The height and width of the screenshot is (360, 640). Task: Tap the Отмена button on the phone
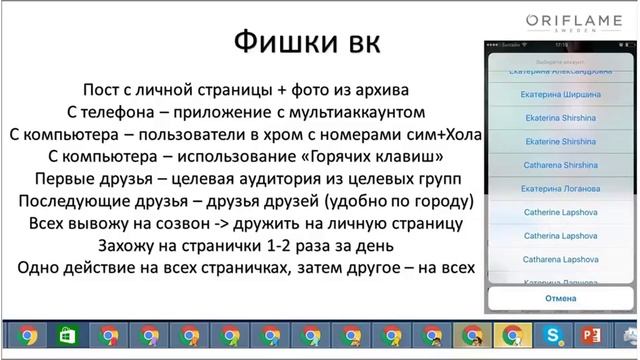click(x=559, y=298)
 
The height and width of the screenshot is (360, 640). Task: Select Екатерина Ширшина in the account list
click(x=559, y=94)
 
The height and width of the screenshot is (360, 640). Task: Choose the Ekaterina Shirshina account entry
click(x=559, y=117)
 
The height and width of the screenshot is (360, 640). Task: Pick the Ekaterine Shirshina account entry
click(x=559, y=141)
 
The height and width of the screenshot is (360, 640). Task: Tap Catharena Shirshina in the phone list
click(x=559, y=164)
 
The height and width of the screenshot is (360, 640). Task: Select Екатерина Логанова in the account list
click(x=559, y=188)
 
